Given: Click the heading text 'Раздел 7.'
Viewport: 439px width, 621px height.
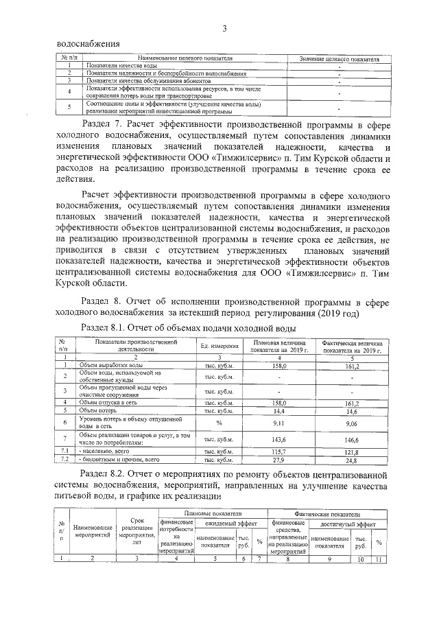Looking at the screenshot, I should [x=104, y=128].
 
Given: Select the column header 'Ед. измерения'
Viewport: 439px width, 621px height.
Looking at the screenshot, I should [x=219, y=347].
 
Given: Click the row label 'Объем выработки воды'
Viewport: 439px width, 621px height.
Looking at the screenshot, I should [x=110, y=366].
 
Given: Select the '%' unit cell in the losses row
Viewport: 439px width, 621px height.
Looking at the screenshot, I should [x=219, y=423].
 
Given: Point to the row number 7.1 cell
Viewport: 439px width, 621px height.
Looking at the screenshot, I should [x=63, y=452].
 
